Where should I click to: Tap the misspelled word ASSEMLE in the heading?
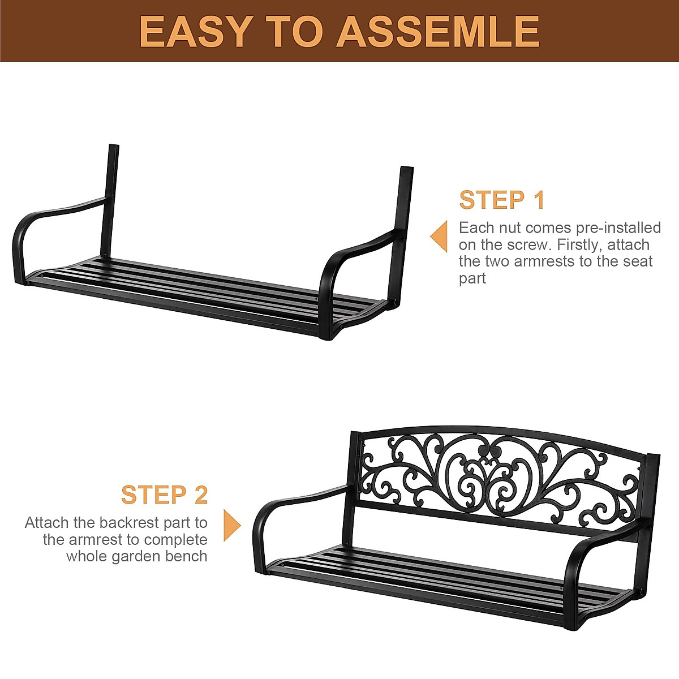tap(439, 31)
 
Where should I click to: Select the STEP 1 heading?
tap(502, 200)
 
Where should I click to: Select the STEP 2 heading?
tap(164, 495)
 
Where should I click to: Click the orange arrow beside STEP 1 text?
tap(439, 237)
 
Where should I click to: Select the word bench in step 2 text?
tap(186, 556)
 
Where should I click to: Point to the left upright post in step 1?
tap(110, 198)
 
